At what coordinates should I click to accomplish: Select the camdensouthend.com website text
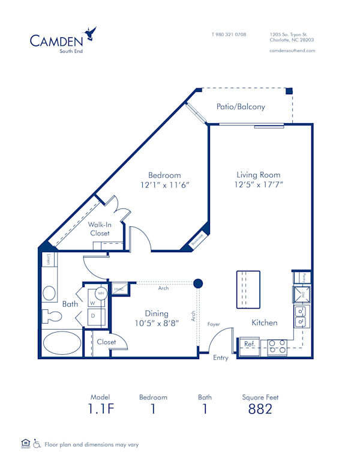pyautogui.click(x=292, y=51)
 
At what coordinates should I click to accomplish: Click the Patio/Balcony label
pyautogui.click(x=241, y=107)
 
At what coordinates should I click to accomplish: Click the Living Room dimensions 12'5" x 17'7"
pyautogui.click(x=259, y=185)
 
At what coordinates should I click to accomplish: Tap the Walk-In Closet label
pyautogui.click(x=100, y=229)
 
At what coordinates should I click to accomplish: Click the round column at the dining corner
pyautogui.click(x=198, y=283)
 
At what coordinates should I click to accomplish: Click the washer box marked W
pyautogui.click(x=93, y=301)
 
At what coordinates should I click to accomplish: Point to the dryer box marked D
pyautogui.click(x=93, y=316)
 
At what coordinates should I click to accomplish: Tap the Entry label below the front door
pyautogui.click(x=221, y=357)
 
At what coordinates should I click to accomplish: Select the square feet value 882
pyautogui.click(x=260, y=410)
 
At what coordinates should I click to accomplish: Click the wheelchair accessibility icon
pyautogui.click(x=37, y=444)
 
